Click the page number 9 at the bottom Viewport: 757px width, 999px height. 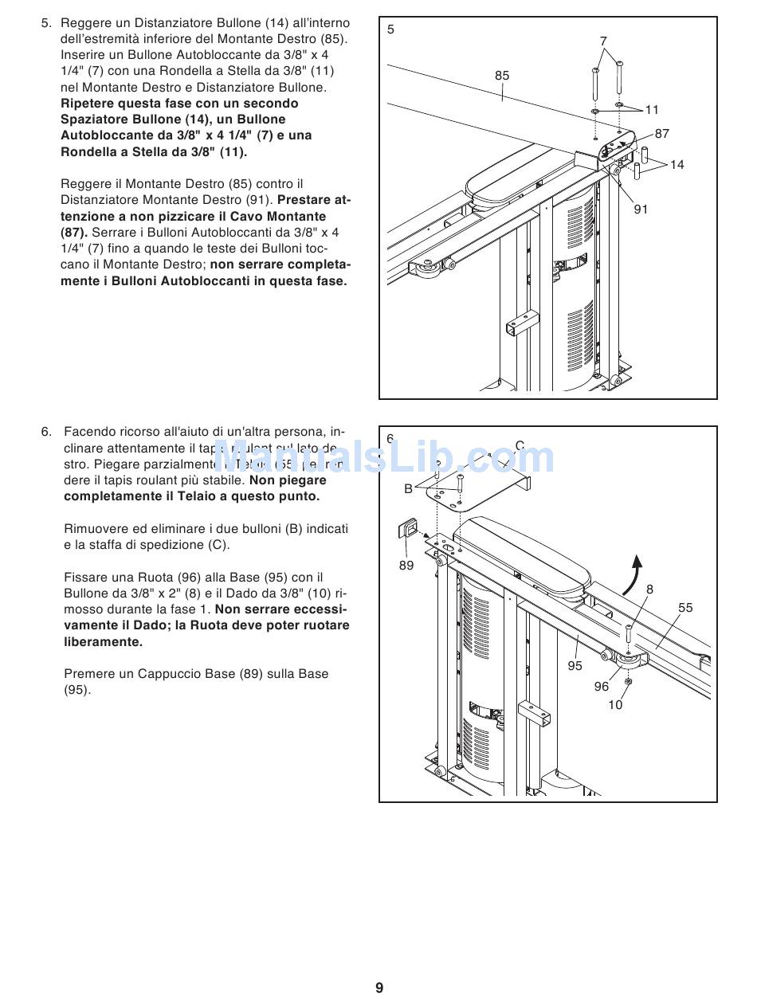(379, 988)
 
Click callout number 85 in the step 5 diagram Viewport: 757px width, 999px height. (502, 76)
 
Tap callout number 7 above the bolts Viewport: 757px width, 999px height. (603, 41)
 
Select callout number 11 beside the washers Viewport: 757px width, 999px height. (653, 110)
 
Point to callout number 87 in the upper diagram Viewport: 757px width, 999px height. (662, 134)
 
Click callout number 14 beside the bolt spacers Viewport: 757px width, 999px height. (677, 165)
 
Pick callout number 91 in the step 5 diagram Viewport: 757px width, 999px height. (641, 209)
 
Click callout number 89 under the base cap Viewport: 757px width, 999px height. (406, 565)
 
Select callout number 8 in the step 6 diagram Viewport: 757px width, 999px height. (649, 590)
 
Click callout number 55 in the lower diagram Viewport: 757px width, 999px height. (685, 608)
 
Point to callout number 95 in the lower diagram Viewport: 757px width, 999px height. (575, 666)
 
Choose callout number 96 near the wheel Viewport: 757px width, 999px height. (602, 686)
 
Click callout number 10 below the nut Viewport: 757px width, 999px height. (615, 705)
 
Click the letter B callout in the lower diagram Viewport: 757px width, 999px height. (408, 489)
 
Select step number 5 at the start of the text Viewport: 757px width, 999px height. (45, 23)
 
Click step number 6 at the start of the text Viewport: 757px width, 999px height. (45, 432)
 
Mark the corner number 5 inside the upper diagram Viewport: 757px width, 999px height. (390, 29)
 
